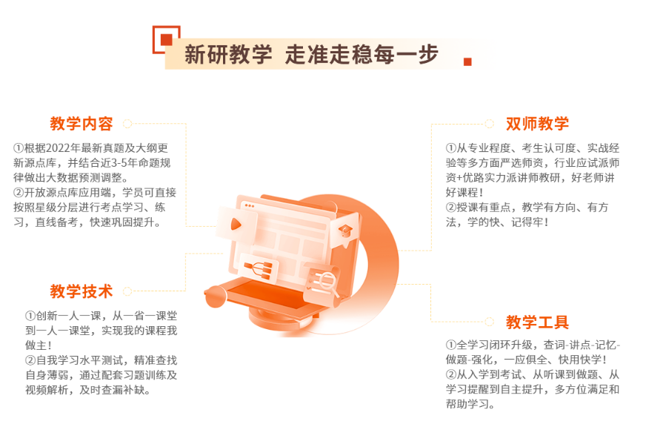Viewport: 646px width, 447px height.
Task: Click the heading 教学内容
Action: point(81,124)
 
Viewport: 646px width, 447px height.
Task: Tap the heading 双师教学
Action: point(537,124)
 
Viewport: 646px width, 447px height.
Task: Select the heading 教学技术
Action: point(81,291)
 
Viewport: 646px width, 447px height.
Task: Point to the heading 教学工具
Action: point(537,322)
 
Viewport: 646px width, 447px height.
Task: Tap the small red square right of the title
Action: point(467,62)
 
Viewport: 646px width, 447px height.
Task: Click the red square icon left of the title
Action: point(166,39)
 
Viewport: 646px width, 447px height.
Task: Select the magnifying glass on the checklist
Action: point(324,280)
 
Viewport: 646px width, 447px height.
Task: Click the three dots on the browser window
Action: point(249,205)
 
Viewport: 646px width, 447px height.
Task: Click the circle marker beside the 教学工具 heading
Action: point(489,322)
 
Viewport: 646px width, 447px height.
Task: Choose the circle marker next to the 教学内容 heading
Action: point(127,124)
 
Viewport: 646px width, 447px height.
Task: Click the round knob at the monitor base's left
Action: point(215,297)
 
